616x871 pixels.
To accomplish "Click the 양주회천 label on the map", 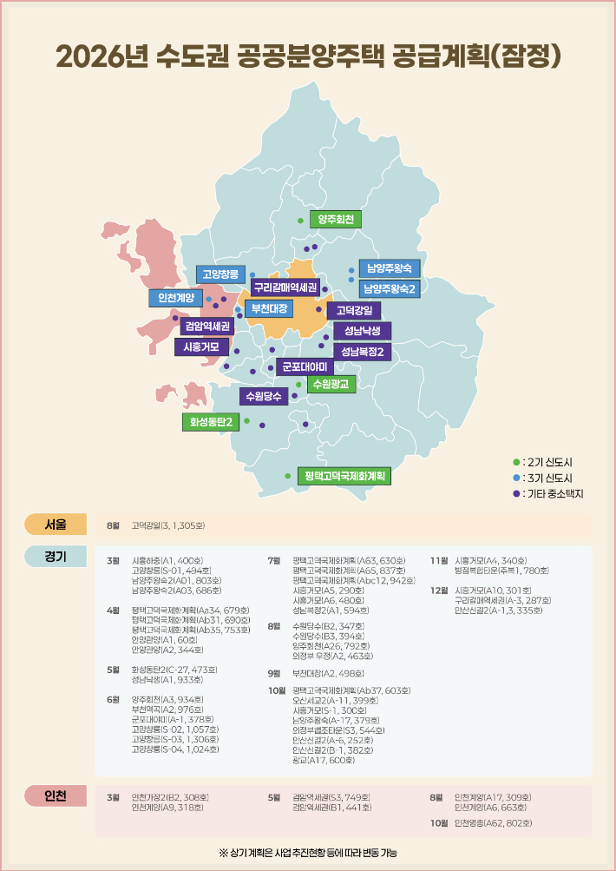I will tap(336, 221).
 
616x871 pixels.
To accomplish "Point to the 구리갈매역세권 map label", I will tap(285, 287).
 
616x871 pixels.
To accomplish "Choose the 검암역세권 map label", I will tap(206, 327).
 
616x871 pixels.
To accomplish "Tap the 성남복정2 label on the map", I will tap(362, 352).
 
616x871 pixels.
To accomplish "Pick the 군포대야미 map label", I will tap(309, 366).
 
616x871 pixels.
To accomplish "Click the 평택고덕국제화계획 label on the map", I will tap(344, 476).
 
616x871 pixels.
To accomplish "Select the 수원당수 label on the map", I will tap(264, 397).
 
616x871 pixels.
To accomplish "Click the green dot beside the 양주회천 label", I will tap(301, 221).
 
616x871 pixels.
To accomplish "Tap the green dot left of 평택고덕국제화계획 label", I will tap(287, 476).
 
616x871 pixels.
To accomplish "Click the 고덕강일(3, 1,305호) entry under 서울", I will tap(168, 525).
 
